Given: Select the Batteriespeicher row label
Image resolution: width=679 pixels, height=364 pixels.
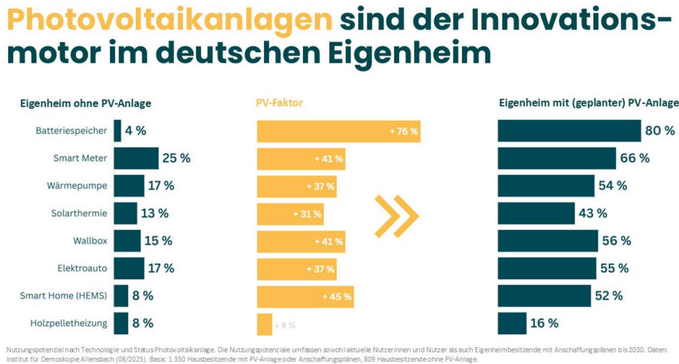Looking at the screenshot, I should point(71,130).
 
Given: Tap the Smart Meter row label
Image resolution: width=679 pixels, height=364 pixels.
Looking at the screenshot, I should point(80,158).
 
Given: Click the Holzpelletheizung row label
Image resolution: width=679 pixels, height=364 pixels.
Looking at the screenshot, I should point(69,323).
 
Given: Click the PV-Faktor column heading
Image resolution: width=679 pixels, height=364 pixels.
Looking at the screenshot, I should point(279,103).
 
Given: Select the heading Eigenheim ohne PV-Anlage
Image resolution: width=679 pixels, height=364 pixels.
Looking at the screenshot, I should point(85,103).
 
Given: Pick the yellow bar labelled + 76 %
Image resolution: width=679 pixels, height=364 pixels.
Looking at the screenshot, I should point(338,131).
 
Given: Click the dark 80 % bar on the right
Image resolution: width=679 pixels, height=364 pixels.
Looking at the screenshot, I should point(569,130).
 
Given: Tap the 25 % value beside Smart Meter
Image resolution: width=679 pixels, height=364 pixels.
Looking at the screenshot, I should point(177,158).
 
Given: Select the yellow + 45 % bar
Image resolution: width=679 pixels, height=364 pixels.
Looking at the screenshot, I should point(305,296).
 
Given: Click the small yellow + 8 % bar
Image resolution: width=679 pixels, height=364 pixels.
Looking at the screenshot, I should point(264,325).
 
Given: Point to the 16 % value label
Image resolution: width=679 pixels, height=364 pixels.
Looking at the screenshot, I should point(544,323).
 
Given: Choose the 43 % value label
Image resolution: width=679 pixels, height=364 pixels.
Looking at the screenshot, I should point(593,213).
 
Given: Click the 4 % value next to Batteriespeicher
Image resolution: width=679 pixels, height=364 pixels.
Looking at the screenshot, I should point(136,130).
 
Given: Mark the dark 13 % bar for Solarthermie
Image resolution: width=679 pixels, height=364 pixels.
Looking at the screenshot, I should point(125,213).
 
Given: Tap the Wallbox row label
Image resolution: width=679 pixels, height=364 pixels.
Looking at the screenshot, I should point(90,240).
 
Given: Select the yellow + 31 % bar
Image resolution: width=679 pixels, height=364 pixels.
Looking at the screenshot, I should point(290,214).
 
